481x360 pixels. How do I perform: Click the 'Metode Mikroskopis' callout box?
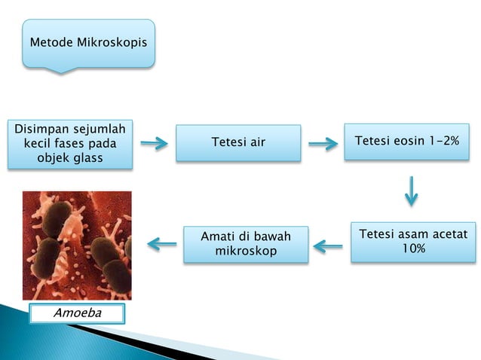(x=88, y=42)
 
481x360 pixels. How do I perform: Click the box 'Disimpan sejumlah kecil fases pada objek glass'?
(x=71, y=143)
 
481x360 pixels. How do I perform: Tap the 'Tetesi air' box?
(x=238, y=142)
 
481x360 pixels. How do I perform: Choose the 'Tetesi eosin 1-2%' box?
(x=406, y=142)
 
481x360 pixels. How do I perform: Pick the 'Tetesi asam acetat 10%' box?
(x=412, y=241)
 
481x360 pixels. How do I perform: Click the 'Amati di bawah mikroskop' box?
(x=245, y=243)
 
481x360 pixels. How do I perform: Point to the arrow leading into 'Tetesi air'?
(x=154, y=143)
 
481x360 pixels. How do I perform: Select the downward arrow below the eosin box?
(x=411, y=191)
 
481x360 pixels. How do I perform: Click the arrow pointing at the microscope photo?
(x=162, y=243)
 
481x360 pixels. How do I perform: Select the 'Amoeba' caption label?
(x=76, y=313)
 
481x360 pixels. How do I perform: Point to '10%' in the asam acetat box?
(x=413, y=249)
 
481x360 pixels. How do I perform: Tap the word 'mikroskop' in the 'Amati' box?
(x=245, y=251)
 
